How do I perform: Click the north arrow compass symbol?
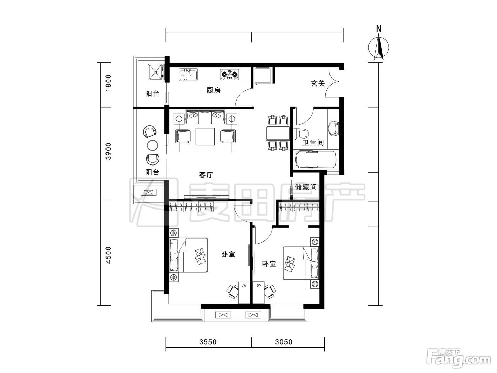[378, 47]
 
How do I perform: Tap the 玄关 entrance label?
[318, 83]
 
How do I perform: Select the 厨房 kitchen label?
[213, 90]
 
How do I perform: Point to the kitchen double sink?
[188, 75]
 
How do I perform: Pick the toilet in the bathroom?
[300, 134]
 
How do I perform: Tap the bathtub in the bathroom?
[316, 160]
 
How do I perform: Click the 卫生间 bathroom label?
[313, 143]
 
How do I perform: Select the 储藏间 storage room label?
[306, 187]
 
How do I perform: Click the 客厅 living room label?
[206, 175]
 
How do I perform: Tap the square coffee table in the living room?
[205, 136]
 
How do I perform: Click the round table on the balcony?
[152, 145]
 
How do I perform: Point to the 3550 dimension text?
[208, 342]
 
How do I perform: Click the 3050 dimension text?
[284, 342]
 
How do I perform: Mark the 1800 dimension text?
[109, 83]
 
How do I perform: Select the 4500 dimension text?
[109, 255]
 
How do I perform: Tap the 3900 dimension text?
[109, 151]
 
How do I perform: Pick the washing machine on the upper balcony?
[156, 72]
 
